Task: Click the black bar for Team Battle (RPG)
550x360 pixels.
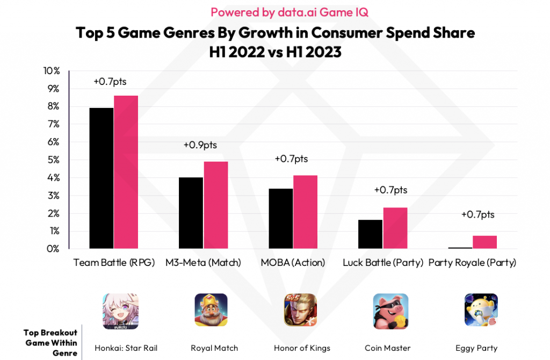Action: [x=101, y=178]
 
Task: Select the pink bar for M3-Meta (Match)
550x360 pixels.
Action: [x=215, y=205]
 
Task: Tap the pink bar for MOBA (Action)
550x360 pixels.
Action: [x=305, y=212]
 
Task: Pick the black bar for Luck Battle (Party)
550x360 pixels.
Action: [x=370, y=234]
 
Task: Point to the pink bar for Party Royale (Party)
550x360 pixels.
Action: [x=484, y=242]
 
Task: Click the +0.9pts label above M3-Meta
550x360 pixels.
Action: [x=200, y=145]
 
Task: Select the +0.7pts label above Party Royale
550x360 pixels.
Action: [x=477, y=215]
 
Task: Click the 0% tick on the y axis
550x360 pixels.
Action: [x=53, y=249]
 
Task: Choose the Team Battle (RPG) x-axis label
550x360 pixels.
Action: [x=114, y=263]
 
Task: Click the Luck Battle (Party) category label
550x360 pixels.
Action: [x=383, y=263]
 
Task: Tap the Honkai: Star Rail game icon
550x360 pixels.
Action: [x=120, y=311]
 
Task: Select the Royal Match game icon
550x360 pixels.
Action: [x=211, y=310]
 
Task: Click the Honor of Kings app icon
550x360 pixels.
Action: [x=300, y=310]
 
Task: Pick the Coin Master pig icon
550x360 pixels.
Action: [x=390, y=311]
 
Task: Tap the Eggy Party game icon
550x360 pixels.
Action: [x=481, y=310]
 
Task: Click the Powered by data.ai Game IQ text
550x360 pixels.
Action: [x=274, y=12]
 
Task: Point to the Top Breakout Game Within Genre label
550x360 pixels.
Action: [x=50, y=343]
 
